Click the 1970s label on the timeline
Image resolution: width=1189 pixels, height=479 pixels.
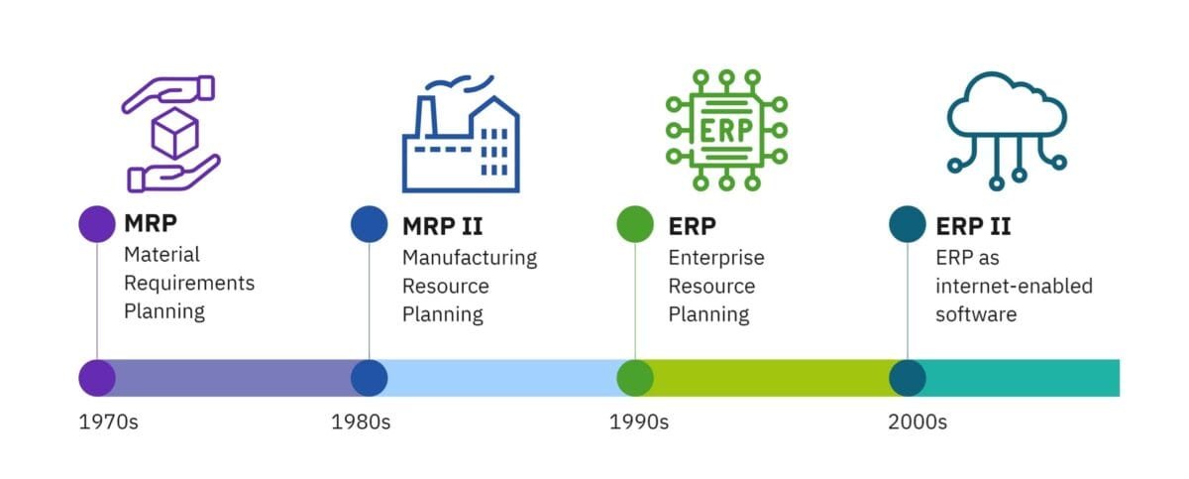point(108,422)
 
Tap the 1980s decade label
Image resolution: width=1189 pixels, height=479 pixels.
point(361,422)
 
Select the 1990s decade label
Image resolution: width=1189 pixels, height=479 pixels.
point(638,422)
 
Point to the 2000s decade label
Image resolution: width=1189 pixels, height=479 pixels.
point(918,422)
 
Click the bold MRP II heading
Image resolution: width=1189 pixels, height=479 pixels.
point(443,226)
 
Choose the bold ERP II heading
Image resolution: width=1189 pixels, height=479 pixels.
point(973,226)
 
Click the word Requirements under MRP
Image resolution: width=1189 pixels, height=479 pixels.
point(189,283)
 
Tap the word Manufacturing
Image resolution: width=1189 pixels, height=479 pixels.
point(470,258)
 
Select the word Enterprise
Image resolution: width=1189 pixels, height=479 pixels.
point(716,258)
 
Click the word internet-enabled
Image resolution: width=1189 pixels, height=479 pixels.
point(1014,287)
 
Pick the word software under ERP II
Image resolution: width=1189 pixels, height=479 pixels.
point(976,314)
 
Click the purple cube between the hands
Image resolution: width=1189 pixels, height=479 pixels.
point(174,133)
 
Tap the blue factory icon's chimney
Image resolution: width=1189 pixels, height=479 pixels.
point(426,117)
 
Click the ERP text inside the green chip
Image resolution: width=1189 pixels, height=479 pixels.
point(726,130)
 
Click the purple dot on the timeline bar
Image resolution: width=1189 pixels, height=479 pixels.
point(97,378)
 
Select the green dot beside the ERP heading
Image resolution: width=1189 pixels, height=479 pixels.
point(635,224)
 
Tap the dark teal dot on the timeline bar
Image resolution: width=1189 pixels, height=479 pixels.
point(908,378)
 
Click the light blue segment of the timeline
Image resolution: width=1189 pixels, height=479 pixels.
point(501,378)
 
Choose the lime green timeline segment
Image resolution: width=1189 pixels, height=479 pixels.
point(771,378)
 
